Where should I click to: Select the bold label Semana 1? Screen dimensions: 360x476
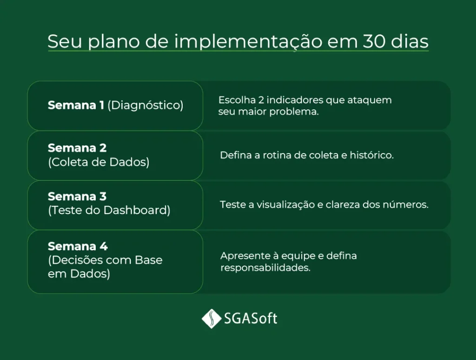click(x=76, y=105)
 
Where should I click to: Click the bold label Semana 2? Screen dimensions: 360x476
click(x=77, y=148)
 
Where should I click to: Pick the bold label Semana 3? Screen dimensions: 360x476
click(x=77, y=196)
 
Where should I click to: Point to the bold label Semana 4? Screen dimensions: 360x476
click(x=78, y=246)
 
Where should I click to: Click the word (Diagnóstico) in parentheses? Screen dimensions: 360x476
click(x=145, y=106)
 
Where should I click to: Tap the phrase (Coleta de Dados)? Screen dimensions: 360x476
click(x=99, y=162)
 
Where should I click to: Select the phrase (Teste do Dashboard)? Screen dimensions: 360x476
click(x=109, y=210)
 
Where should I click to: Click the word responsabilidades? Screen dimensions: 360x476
click(x=265, y=268)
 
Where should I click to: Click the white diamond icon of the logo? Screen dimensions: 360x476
click(x=211, y=318)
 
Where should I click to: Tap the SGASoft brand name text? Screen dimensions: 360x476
click(x=251, y=319)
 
